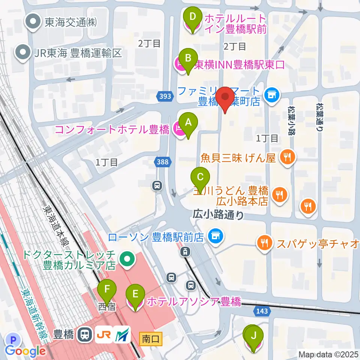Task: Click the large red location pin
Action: pyautogui.click(x=225, y=98)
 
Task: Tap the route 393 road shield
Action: pyautogui.click(x=165, y=96)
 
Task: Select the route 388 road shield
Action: pyautogui.click(x=163, y=162)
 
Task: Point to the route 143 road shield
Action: pyautogui.click(x=262, y=310)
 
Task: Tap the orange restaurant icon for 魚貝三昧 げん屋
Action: pyautogui.click(x=288, y=156)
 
